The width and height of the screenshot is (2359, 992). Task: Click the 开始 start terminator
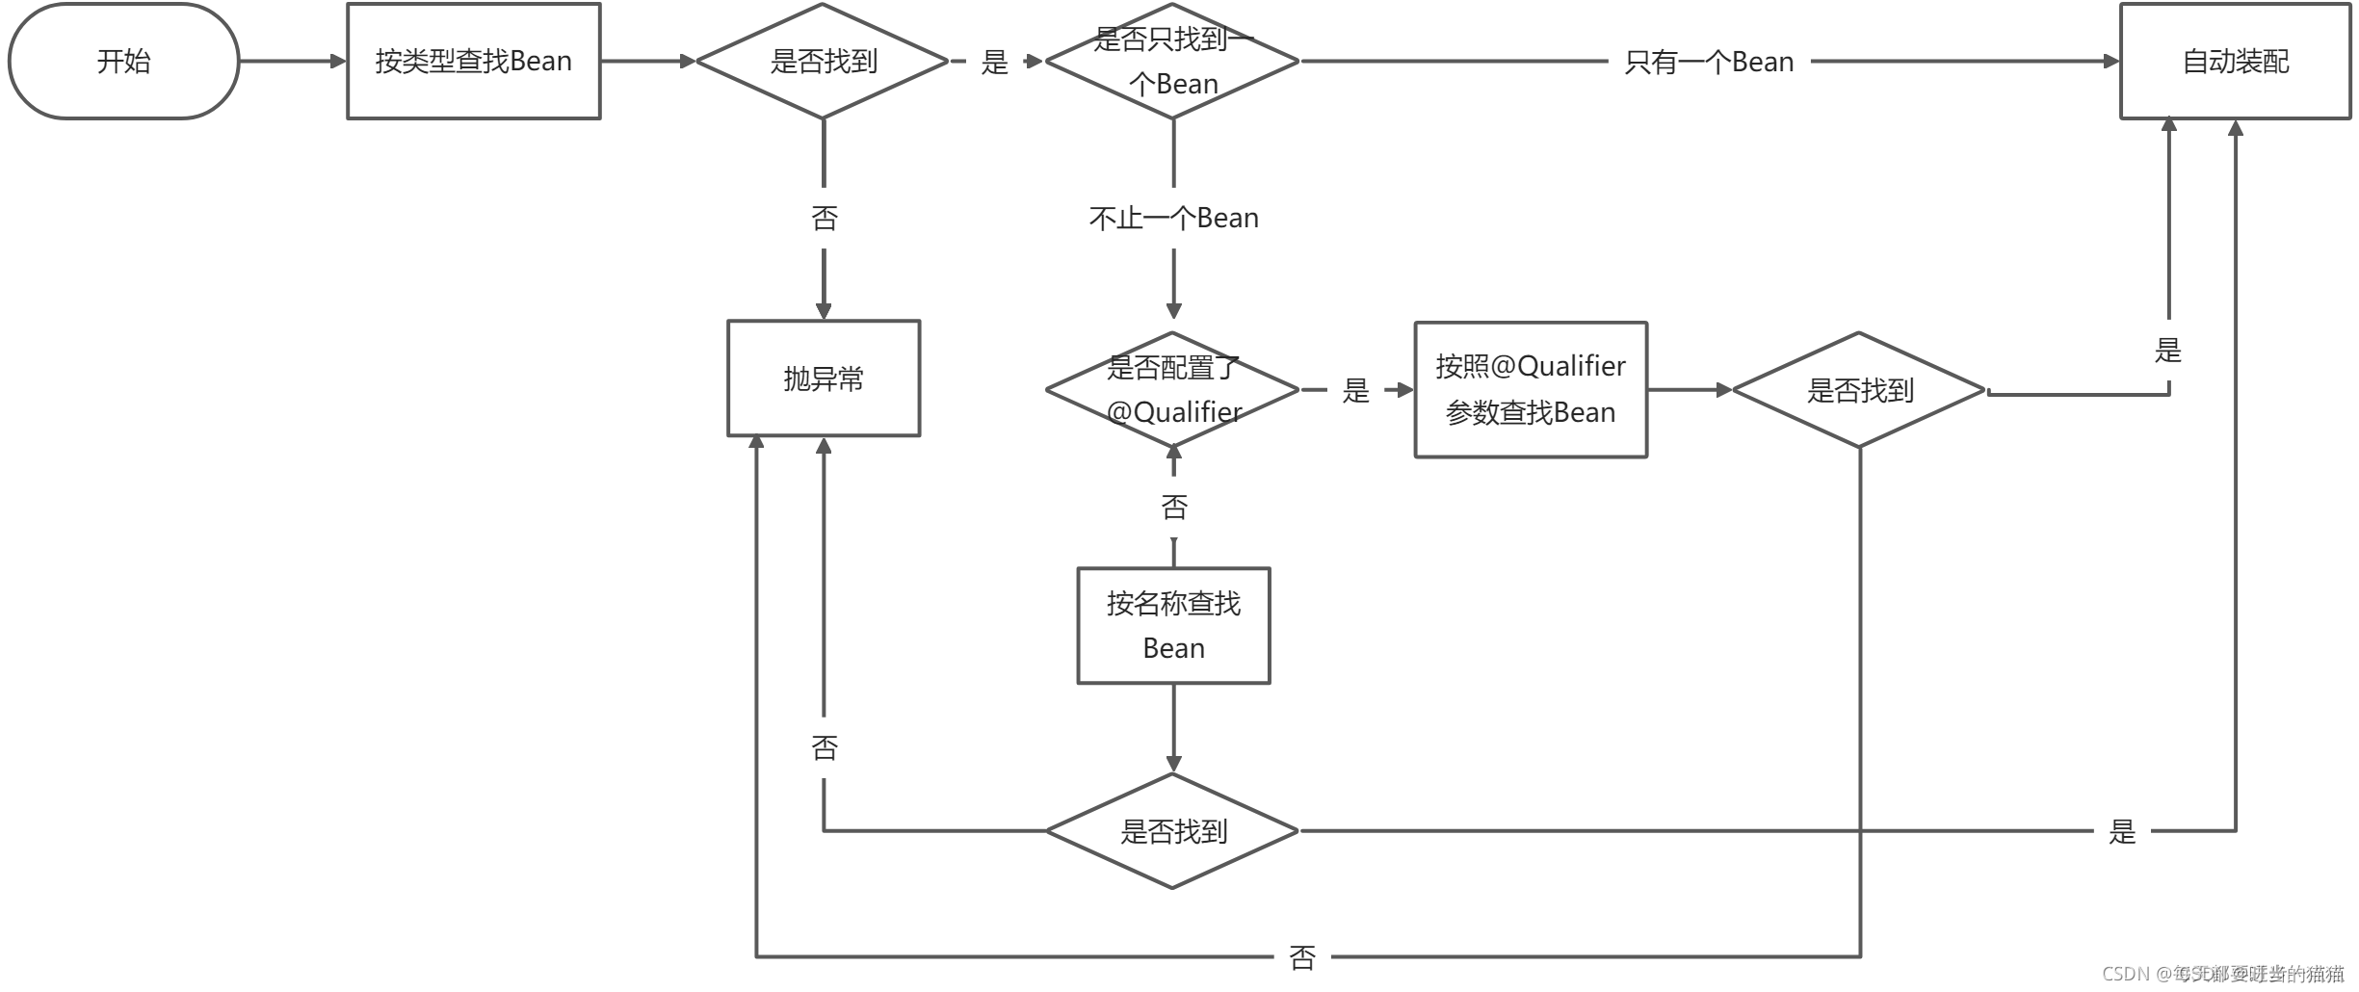(x=123, y=62)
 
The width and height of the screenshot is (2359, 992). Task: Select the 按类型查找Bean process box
(x=473, y=62)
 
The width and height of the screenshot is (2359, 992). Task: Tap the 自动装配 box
(x=2235, y=62)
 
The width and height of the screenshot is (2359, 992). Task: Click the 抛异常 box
(x=824, y=379)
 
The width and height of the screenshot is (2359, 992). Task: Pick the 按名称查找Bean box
(x=1173, y=626)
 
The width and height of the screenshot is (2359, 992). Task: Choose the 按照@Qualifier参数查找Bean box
(x=1531, y=390)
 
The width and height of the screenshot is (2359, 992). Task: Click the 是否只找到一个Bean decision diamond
(x=1172, y=62)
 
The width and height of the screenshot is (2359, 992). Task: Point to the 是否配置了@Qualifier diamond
(x=1172, y=390)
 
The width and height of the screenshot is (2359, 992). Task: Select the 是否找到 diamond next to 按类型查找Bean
(x=823, y=62)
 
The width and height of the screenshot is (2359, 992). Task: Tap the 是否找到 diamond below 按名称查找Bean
(x=1172, y=831)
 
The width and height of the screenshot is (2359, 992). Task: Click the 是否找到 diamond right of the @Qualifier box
(x=1859, y=390)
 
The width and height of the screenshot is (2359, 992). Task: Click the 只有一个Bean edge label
(x=1709, y=63)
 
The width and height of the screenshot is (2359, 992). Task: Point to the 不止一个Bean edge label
(x=1173, y=219)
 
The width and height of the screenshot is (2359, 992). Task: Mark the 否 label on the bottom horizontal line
(x=1302, y=957)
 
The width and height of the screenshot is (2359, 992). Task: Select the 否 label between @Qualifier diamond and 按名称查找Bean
(x=1174, y=508)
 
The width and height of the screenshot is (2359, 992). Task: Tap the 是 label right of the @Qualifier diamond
(x=1356, y=391)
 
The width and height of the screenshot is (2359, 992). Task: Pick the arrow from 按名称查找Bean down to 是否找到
(x=1173, y=728)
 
